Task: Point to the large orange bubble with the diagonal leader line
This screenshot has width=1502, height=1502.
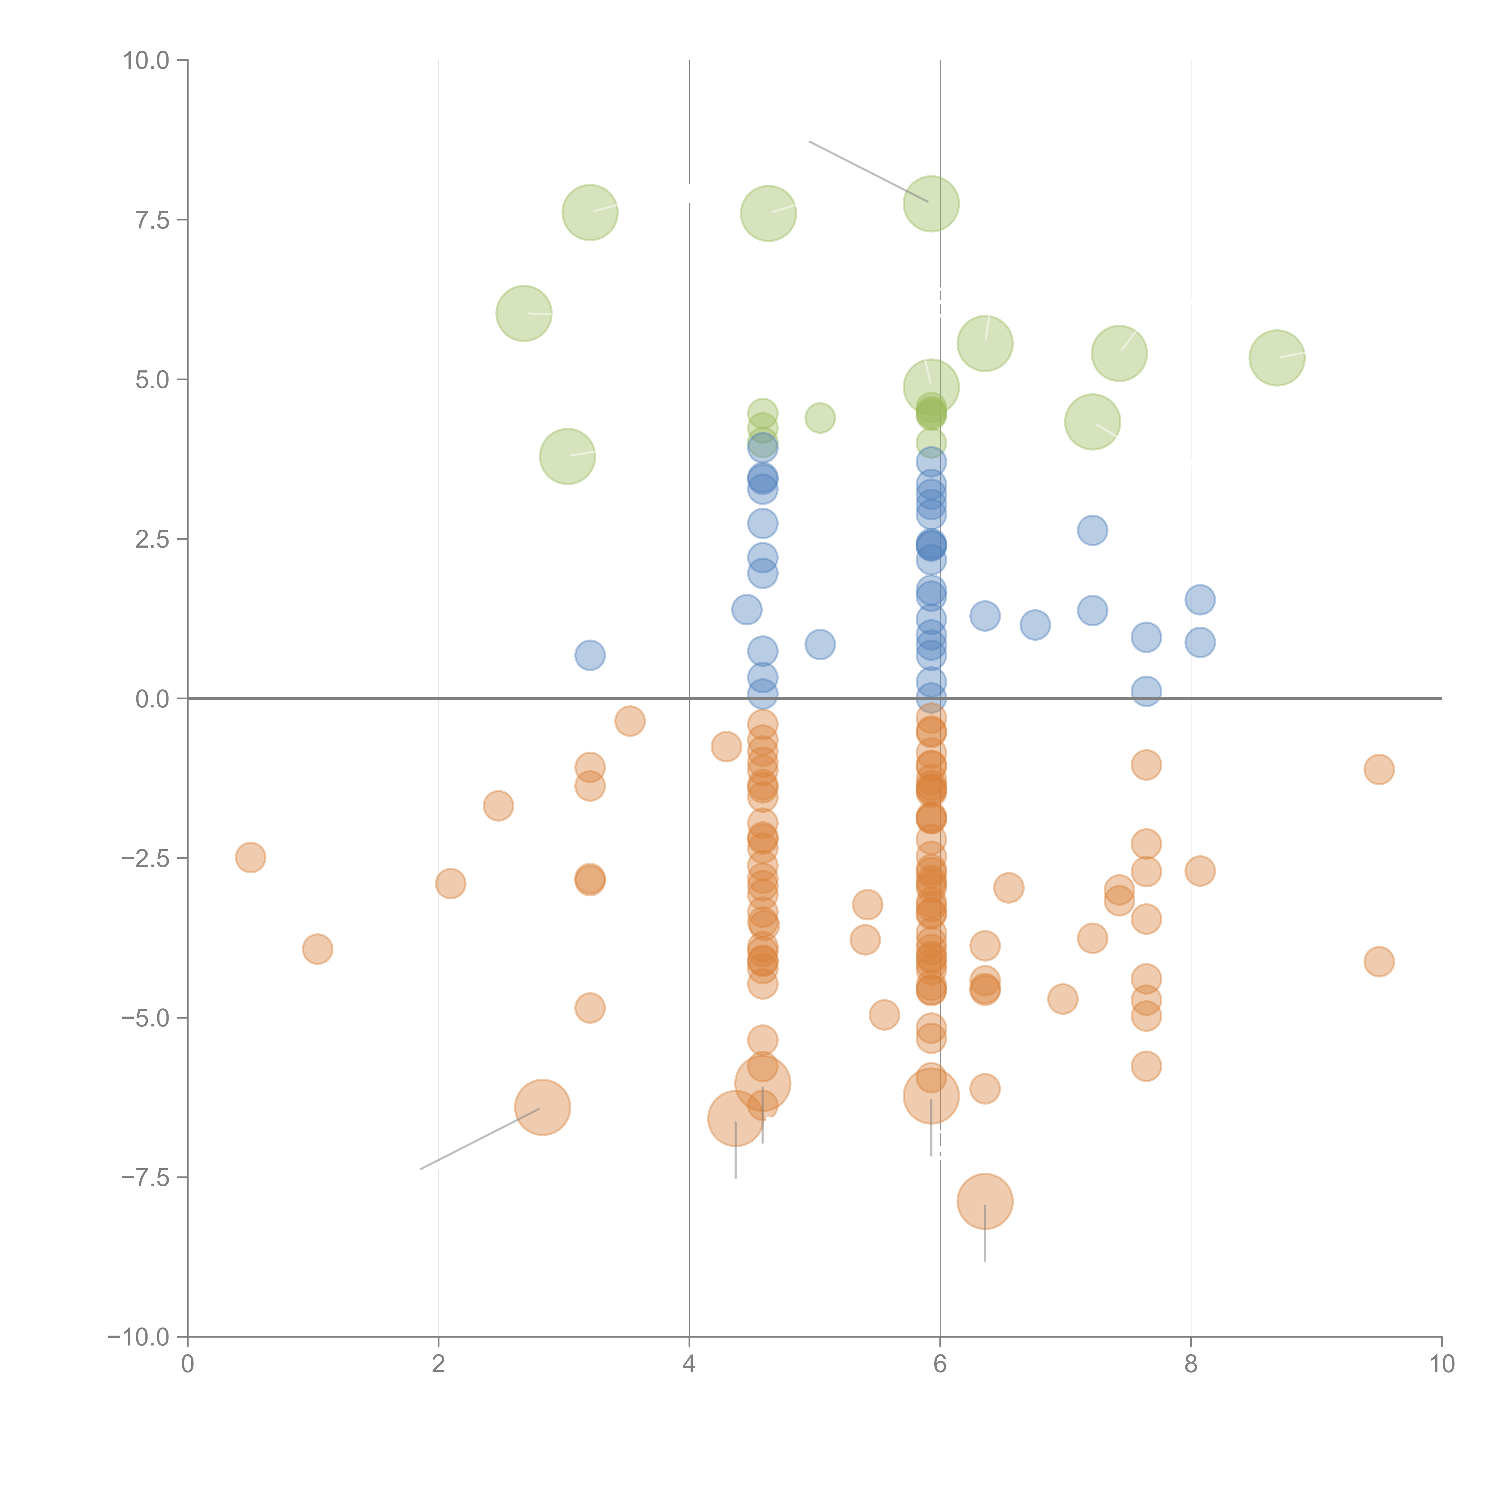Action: pos(543,1108)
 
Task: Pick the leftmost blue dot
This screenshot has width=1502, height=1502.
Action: pos(590,655)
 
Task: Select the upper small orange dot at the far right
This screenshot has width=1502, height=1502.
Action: pos(1379,770)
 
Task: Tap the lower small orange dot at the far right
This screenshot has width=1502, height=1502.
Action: pos(1379,962)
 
